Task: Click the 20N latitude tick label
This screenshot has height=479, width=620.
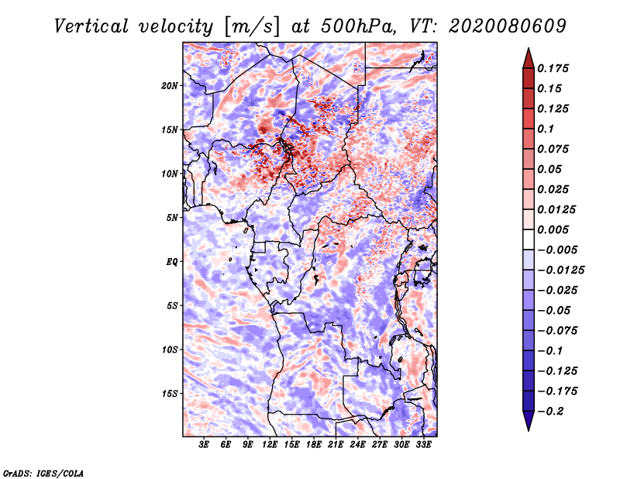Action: coord(170,86)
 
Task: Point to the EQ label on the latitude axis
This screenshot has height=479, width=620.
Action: coord(172,262)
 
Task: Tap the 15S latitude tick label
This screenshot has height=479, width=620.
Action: coord(170,394)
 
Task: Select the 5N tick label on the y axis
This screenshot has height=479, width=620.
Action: coord(172,218)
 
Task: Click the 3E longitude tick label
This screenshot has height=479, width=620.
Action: coord(204,445)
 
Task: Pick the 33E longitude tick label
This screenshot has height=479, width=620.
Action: coord(423,445)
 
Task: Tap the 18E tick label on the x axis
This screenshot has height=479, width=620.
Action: coord(314,445)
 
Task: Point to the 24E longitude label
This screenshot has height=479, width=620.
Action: coord(357,445)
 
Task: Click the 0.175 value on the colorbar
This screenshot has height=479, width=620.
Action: coord(553,68)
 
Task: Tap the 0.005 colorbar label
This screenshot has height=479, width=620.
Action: coord(553,229)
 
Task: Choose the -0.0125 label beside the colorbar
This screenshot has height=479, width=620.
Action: coord(560,271)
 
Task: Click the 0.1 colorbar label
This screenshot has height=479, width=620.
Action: coord(546,129)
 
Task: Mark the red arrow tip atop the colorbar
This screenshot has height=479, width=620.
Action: coord(529,48)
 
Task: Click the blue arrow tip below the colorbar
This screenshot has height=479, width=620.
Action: coord(529,430)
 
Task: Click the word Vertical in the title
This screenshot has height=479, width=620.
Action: coord(91,26)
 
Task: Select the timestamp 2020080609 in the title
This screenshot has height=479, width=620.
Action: coord(508,26)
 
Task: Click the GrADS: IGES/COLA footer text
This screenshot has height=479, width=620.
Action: coord(43,474)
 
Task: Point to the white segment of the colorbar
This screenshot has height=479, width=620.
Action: coord(529,239)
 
